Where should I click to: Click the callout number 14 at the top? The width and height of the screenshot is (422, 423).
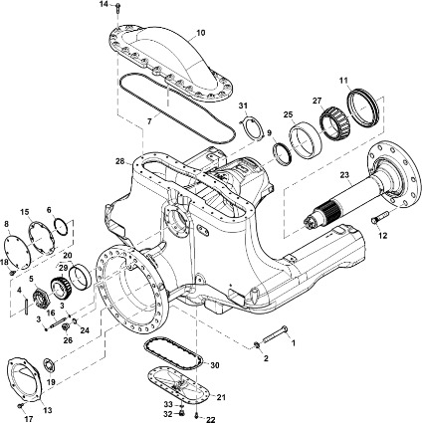point(104,4)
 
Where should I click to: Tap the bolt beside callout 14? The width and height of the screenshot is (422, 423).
point(118,8)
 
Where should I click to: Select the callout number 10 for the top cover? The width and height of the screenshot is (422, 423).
point(201,33)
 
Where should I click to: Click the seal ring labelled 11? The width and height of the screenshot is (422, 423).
point(363,106)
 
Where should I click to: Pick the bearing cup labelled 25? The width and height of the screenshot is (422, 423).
point(306,140)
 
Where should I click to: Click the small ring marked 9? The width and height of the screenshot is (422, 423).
point(282,153)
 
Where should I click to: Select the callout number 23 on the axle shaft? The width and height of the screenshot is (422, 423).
point(345,174)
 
